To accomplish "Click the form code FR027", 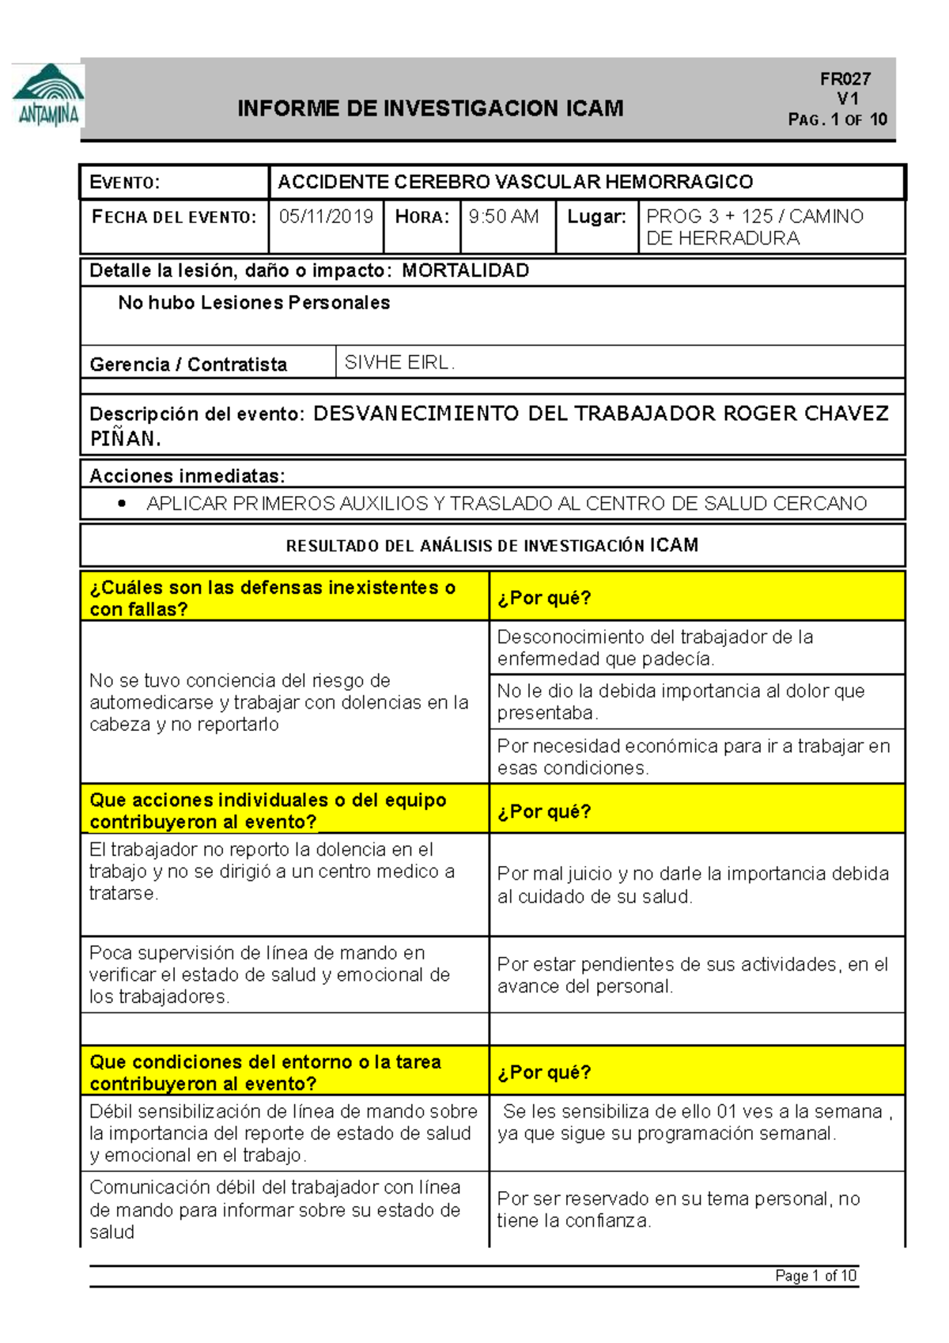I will point(845,79).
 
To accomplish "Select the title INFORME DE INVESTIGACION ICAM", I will point(430,108).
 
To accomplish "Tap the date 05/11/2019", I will point(326,217).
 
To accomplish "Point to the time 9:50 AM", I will point(503,217).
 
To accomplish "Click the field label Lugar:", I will point(596,217).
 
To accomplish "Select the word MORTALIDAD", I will point(465,270).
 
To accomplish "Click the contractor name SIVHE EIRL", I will point(399,363).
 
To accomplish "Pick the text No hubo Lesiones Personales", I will point(254,303).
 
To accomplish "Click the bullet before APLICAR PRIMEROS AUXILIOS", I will point(121,504).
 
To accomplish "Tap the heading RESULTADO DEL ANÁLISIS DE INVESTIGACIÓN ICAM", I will point(492,546).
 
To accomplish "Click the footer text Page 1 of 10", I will point(815,1276).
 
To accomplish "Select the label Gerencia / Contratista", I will point(188,365).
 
